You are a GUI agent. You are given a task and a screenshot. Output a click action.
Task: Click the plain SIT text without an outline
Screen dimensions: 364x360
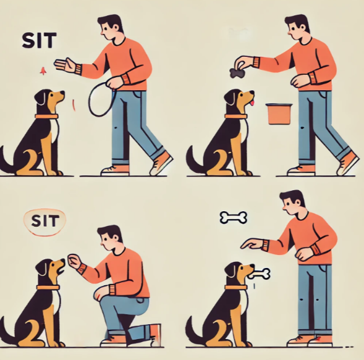(39, 40)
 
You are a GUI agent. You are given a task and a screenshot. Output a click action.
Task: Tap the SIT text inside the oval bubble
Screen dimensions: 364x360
(45, 221)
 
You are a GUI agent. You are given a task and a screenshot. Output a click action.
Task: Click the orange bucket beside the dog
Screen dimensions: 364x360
(279, 114)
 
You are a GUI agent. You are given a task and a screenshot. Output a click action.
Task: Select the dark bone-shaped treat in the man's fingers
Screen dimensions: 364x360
(235, 73)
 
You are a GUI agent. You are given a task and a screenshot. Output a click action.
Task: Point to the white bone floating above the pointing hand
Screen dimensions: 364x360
(234, 217)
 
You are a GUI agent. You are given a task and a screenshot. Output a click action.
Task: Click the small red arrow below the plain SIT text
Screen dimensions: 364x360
(43, 71)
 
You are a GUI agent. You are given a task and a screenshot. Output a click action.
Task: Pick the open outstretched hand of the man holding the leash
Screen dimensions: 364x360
(66, 65)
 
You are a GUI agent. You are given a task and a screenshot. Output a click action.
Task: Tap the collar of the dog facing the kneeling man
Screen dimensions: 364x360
(48, 288)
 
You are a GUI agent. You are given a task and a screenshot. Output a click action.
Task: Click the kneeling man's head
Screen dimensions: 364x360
(109, 238)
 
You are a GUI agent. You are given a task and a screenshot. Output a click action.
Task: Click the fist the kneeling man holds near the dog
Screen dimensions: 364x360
(74, 261)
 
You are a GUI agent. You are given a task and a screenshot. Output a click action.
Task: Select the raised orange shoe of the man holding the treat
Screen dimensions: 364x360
(348, 162)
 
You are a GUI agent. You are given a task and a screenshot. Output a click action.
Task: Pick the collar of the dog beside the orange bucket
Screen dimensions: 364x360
(236, 116)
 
